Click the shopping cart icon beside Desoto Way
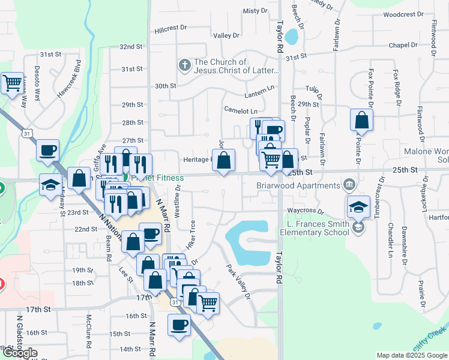(12, 83)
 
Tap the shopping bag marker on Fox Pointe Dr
(361, 119)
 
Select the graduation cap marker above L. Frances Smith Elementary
(358, 207)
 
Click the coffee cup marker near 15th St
(178, 326)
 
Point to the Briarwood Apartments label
(298, 185)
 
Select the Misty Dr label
(255, 11)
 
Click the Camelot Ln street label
(241, 111)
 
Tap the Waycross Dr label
(305, 211)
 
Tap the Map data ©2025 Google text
(411, 355)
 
